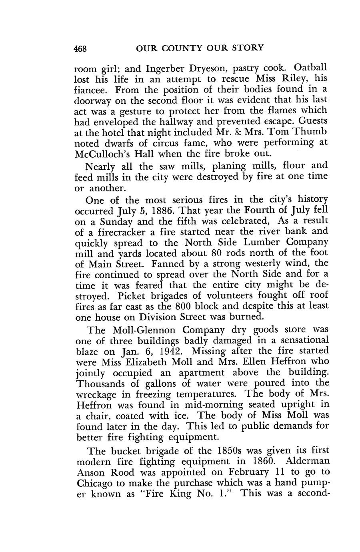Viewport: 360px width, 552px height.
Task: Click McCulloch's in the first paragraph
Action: pyautogui.click(x=104, y=154)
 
